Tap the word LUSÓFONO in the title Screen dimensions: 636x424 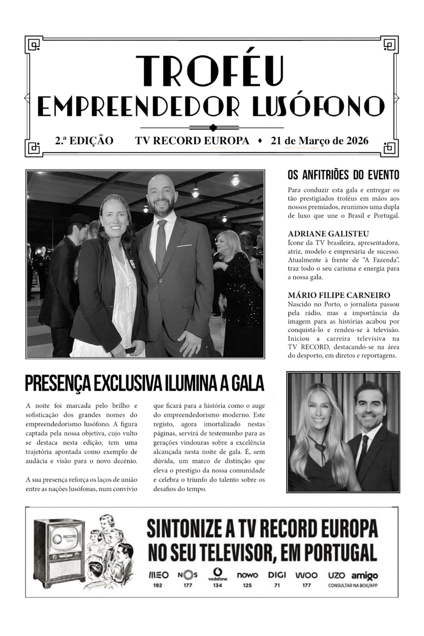pos(319,106)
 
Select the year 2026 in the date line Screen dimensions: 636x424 pos(357,141)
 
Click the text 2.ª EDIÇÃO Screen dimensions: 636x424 pos(84,141)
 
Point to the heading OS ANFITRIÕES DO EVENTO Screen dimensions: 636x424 pos(343,175)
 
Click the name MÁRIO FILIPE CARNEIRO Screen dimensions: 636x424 pos(339,295)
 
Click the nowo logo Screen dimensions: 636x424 pos(247,575)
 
